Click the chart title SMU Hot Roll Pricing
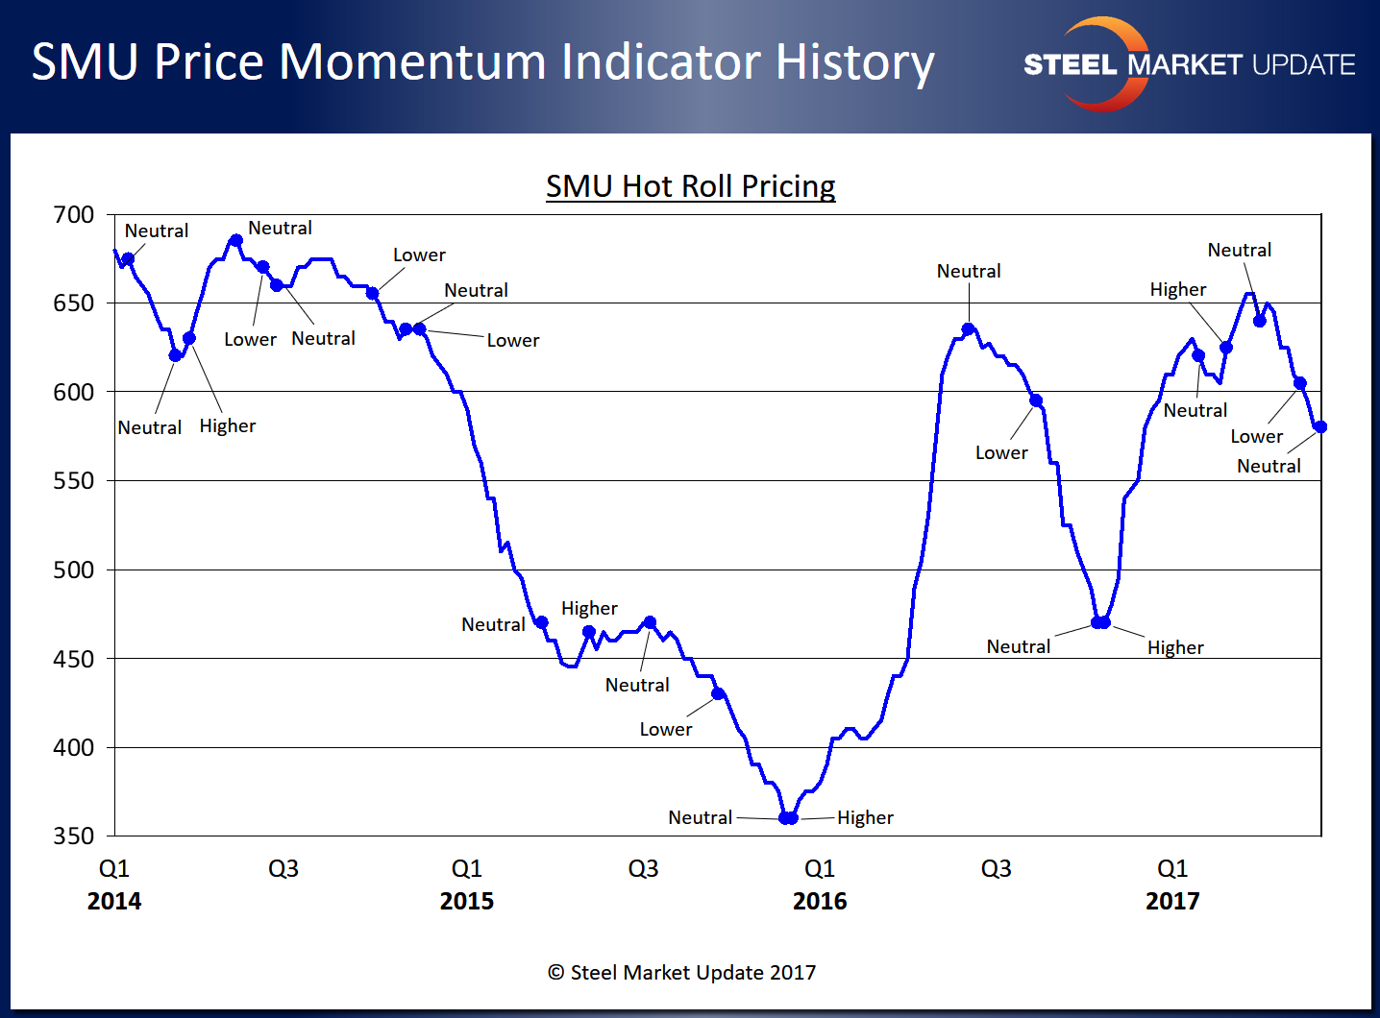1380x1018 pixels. [x=690, y=185]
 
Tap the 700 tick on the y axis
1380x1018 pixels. [x=74, y=215]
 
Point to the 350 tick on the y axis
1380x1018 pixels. [x=74, y=836]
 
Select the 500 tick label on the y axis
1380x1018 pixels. [x=74, y=570]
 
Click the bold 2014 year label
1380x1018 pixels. [x=114, y=901]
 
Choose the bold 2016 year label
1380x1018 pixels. [x=820, y=901]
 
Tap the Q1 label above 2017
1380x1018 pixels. [x=1172, y=869]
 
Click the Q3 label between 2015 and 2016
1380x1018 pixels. [x=643, y=869]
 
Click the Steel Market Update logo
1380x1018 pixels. [x=1189, y=64]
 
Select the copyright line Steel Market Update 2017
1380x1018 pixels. [x=681, y=973]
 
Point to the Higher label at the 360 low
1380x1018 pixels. [x=865, y=817]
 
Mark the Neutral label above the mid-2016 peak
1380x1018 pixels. [x=969, y=272]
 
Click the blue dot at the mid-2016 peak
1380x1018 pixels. [x=969, y=329]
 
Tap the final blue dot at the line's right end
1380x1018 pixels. [x=1320, y=427]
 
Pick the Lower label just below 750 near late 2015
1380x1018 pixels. [x=666, y=729]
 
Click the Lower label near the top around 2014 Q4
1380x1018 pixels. [x=419, y=255]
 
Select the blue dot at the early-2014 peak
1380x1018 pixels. [x=235, y=240]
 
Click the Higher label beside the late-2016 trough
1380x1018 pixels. [x=1175, y=647]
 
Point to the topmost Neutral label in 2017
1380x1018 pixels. [x=1239, y=251]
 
